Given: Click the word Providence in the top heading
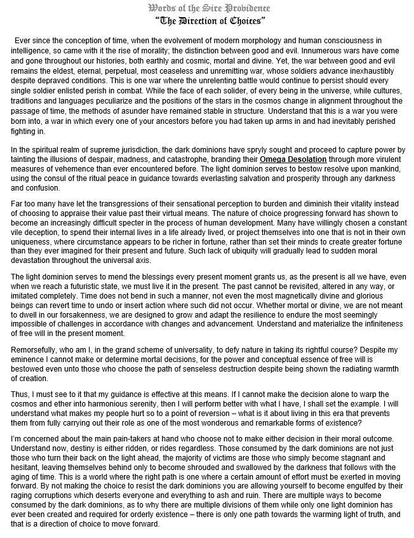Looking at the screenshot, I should coord(246,8).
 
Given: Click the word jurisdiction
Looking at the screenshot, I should coord(145,149).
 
